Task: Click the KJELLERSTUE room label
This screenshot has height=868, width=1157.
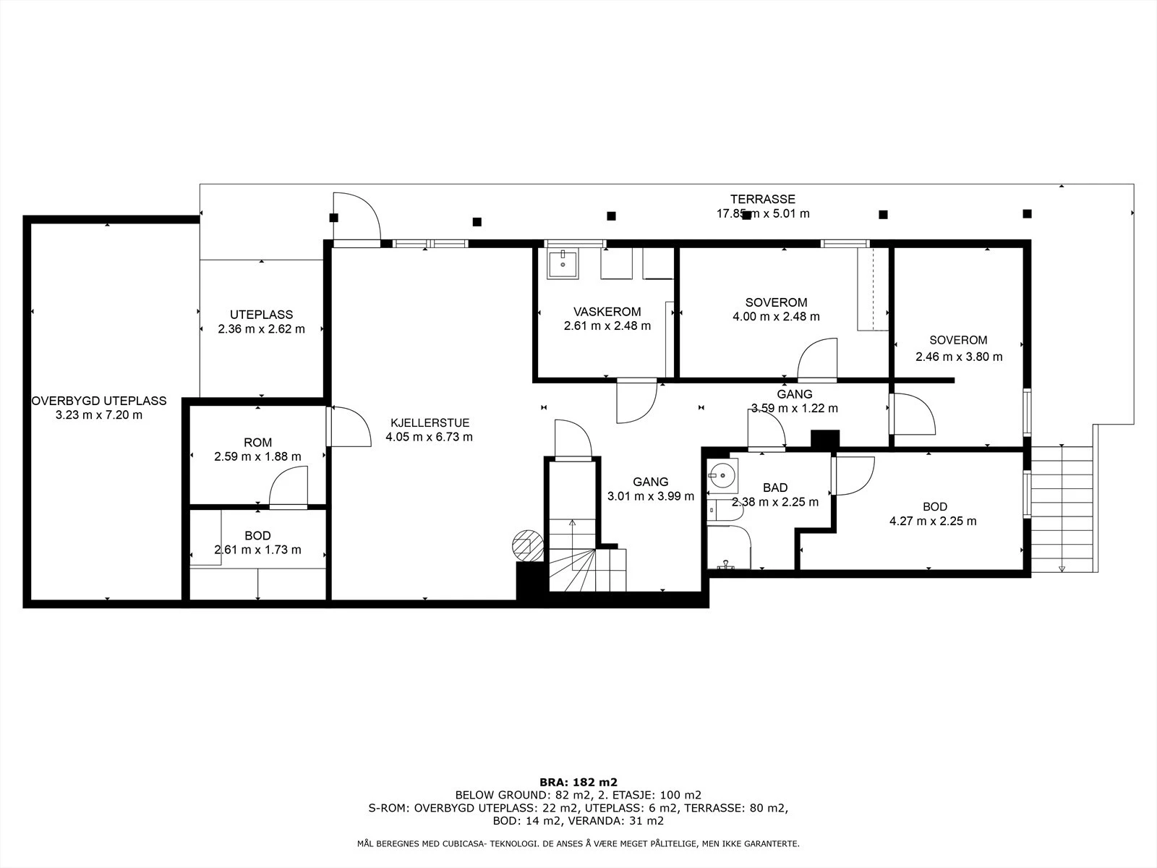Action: pyautogui.click(x=430, y=422)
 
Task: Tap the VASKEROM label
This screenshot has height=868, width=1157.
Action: pyautogui.click(x=607, y=312)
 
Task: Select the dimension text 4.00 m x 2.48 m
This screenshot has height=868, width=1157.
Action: pyautogui.click(x=776, y=316)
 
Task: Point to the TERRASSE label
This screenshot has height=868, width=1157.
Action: pyautogui.click(x=762, y=199)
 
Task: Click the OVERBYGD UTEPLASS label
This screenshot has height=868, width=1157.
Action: pyautogui.click(x=99, y=401)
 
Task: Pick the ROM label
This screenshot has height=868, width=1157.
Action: pyautogui.click(x=257, y=443)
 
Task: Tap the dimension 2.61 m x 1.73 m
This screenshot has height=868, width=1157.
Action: pyautogui.click(x=257, y=550)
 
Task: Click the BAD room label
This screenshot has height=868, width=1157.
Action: pyautogui.click(x=775, y=488)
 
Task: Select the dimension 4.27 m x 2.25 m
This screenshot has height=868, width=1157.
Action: pyautogui.click(x=933, y=522)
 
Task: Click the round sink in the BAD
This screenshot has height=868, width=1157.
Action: pyautogui.click(x=722, y=476)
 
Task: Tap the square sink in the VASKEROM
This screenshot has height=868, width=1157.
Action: pyautogui.click(x=563, y=263)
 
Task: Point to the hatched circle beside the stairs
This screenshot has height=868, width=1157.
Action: pyautogui.click(x=528, y=545)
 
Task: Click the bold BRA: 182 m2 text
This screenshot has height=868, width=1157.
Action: pyautogui.click(x=578, y=782)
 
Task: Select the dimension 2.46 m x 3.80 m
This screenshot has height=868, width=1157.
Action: pyautogui.click(x=959, y=357)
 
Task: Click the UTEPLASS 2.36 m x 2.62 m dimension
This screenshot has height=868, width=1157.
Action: pyautogui.click(x=262, y=329)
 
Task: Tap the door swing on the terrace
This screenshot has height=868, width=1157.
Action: pyautogui.click(x=357, y=216)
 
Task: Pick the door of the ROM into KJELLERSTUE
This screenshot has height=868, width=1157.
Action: pyautogui.click(x=349, y=426)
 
